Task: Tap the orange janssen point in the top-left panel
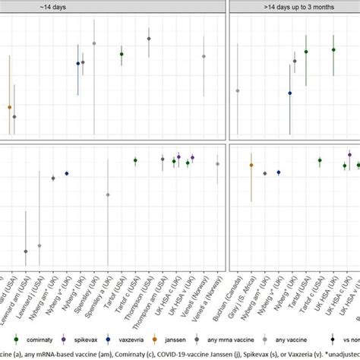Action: point(10,107)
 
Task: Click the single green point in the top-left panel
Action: point(122,54)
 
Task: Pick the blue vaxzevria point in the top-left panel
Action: point(78,64)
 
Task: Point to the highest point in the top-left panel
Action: point(149,39)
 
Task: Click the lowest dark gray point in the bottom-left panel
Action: point(26,251)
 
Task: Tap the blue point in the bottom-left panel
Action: point(66,174)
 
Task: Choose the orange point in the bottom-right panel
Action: point(251,165)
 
